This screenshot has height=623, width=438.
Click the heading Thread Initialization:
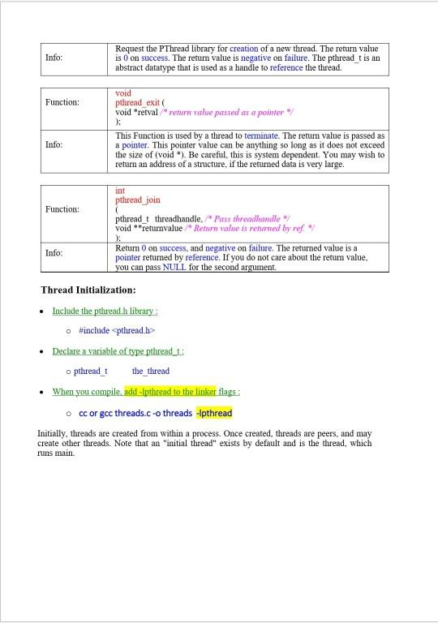[x=88, y=290]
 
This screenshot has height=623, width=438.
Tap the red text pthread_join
[x=138, y=200]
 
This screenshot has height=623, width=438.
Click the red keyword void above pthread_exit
[x=124, y=93]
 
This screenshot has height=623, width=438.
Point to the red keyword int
[x=121, y=191]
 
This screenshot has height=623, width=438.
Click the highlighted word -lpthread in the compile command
[x=214, y=413]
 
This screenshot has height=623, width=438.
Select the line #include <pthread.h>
[x=117, y=330]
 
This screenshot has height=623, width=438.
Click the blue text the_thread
[x=151, y=371]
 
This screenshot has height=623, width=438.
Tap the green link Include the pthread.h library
[x=105, y=311]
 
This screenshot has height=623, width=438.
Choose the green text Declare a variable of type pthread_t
[x=118, y=351]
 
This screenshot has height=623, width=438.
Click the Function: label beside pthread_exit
[x=62, y=102]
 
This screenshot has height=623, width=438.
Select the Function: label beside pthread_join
[x=62, y=209]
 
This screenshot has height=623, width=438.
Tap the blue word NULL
[x=174, y=267]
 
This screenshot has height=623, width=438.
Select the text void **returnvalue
[x=144, y=229]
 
